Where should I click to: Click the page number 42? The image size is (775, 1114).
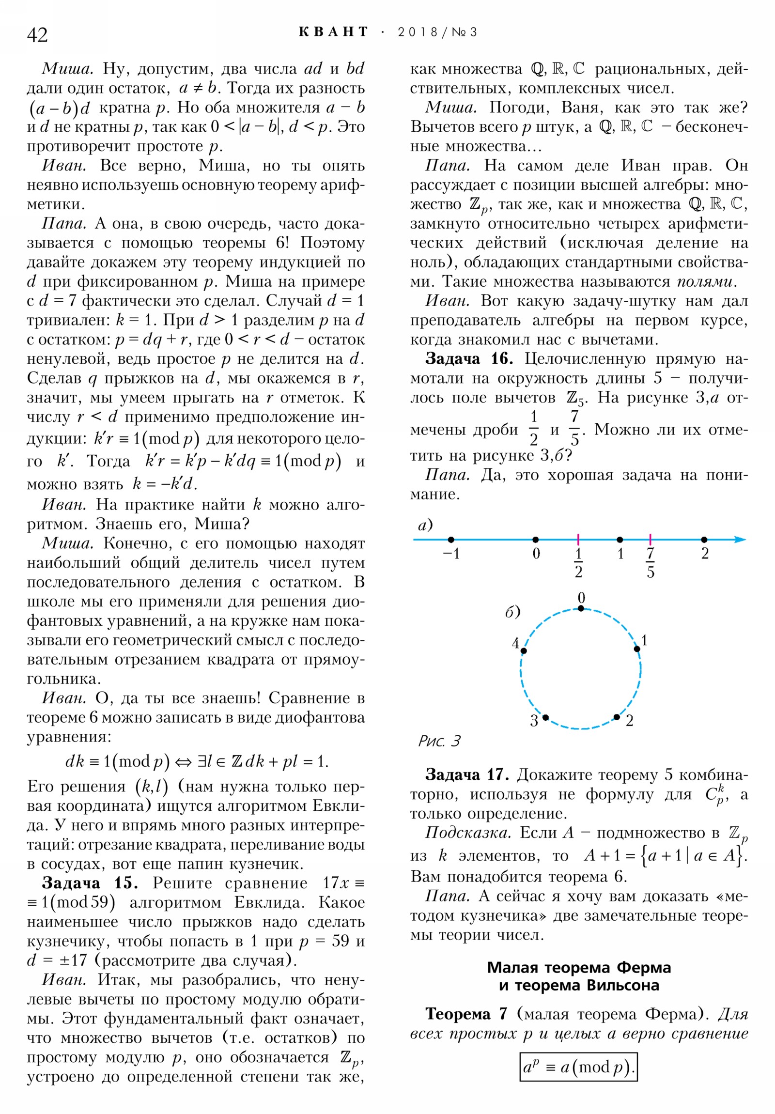coord(37,35)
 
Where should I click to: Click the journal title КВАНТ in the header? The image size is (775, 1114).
coord(333,32)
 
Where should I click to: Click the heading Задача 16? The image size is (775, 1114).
coord(469,359)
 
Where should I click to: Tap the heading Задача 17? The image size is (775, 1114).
coord(466,775)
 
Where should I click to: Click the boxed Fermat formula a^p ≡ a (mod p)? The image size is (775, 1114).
coord(577,1067)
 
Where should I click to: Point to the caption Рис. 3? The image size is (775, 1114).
coord(439,741)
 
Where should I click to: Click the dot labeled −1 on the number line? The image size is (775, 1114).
coord(451,540)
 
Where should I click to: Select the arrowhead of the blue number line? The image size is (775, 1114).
coord(740,540)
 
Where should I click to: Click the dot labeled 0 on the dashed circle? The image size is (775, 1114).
coord(581,608)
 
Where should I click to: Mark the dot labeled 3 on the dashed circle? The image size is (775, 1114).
coord(545,717)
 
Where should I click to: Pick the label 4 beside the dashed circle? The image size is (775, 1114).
coord(515,643)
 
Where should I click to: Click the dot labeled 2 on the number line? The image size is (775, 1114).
coord(704,540)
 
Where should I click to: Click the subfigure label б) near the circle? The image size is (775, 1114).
coord(512,612)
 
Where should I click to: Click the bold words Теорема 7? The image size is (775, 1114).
coord(465,1014)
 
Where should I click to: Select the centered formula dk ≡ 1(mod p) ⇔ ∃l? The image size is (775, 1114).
coord(197,761)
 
